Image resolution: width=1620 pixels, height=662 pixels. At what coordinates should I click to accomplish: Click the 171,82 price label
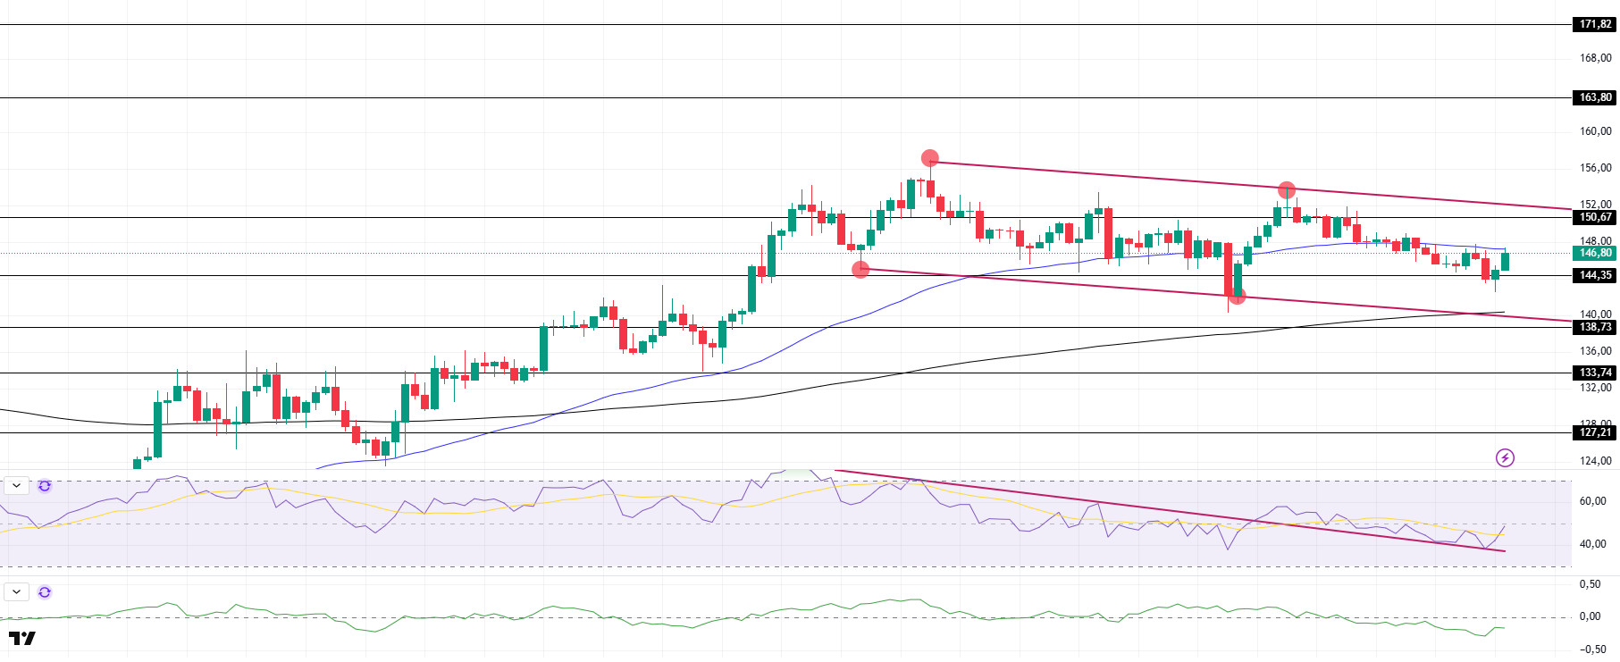(1594, 24)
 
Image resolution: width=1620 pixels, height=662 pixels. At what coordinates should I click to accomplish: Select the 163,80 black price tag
(1594, 97)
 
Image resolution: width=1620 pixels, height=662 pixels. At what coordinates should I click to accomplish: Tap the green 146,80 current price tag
(1594, 253)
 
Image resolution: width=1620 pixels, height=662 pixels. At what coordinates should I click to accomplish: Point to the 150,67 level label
(1594, 217)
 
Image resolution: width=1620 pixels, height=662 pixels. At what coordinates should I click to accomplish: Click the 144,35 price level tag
(1594, 275)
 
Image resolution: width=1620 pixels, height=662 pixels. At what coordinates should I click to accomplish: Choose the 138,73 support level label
(1594, 327)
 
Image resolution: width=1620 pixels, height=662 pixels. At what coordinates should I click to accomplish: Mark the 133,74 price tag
(1594, 373)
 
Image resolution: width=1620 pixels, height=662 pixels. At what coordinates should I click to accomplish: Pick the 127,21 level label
(1594, 432)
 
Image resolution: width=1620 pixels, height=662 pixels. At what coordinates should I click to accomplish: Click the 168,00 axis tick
(1595, 58)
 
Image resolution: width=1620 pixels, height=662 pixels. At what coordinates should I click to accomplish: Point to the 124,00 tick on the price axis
(1595, 461)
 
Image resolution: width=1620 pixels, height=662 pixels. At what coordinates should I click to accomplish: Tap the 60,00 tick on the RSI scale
(1593, 501)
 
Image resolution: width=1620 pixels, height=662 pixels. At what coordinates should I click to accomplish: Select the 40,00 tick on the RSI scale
(1593, 544)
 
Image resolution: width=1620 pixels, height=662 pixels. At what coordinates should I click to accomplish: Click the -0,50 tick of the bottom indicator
(1591, 649)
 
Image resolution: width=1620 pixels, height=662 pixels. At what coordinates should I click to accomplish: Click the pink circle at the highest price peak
(930, 158)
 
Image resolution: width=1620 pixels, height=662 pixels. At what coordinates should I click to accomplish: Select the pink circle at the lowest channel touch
(1237, 296)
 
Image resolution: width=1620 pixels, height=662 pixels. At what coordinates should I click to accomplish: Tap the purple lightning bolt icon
(1505, 458)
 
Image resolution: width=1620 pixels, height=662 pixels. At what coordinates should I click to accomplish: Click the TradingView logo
(22, 638)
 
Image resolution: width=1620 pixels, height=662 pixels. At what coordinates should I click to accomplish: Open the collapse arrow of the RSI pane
(17, 486)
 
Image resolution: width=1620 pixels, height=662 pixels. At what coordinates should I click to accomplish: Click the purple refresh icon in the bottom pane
(45, 592)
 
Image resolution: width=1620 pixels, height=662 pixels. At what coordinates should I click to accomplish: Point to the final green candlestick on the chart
(1506, 262)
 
